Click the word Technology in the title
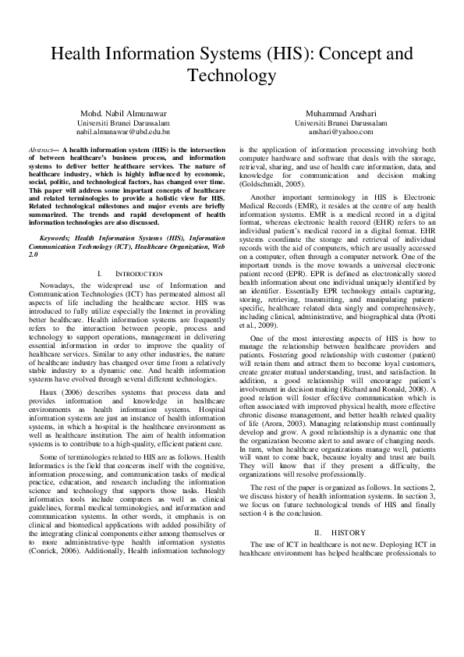point(232,76)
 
